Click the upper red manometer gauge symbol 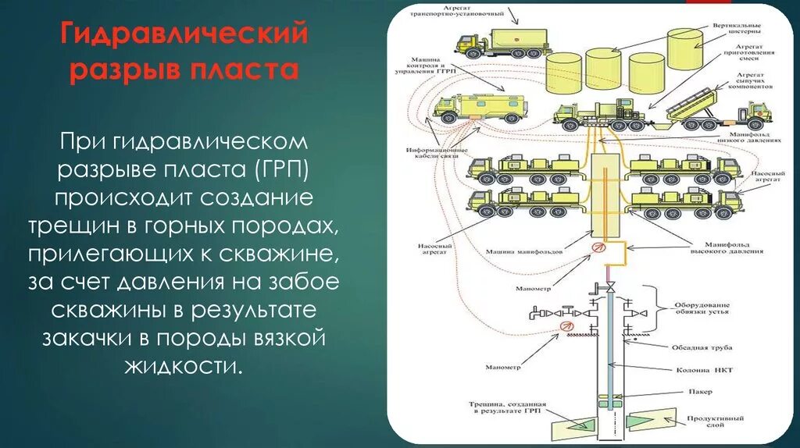(598, 247)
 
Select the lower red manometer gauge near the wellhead (562, 327)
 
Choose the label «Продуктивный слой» (727, 422)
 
